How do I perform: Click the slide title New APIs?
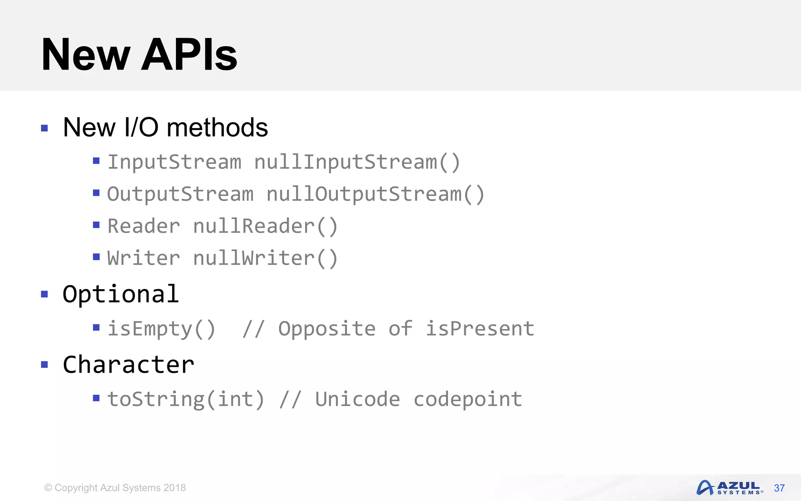pyautogui.click(x=139, y=55)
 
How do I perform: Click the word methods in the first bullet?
pyautogui.click(x=217, y=128)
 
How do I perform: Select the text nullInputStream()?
pyautogui.click(x=357, y=162)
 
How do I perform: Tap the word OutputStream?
pyautogui.click(x=180, y=194)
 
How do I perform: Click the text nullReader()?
pyautogui.click(x=265, y=226)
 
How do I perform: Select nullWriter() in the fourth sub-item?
pyautogui.click(x=265, y=258)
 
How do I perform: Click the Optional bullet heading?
pyautogui.click(x=121, y=294)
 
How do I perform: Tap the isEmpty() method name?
pyautogui.click(x=161, y=329)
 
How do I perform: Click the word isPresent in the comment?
pyautogui.click(x=480, y=329)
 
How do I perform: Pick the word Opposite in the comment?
pyautogui.click(x=327, y=329)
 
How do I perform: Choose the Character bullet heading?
pyautogui.click(x=128, y=365)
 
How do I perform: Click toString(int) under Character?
pyautogui.click(x=186, y=399)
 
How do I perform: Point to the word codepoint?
pyautogui.click(x=468, y=399)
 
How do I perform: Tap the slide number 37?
pyautogui.click(x=779, y=488)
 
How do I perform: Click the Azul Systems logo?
pyautogui.click(x=729, y=488)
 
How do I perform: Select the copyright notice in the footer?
pyautogui.click(x=115, y=488)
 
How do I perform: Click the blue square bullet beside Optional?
pyautogui.click(x=45, y=294)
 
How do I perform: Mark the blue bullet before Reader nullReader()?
pyautogui.click(x=96, y=225)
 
